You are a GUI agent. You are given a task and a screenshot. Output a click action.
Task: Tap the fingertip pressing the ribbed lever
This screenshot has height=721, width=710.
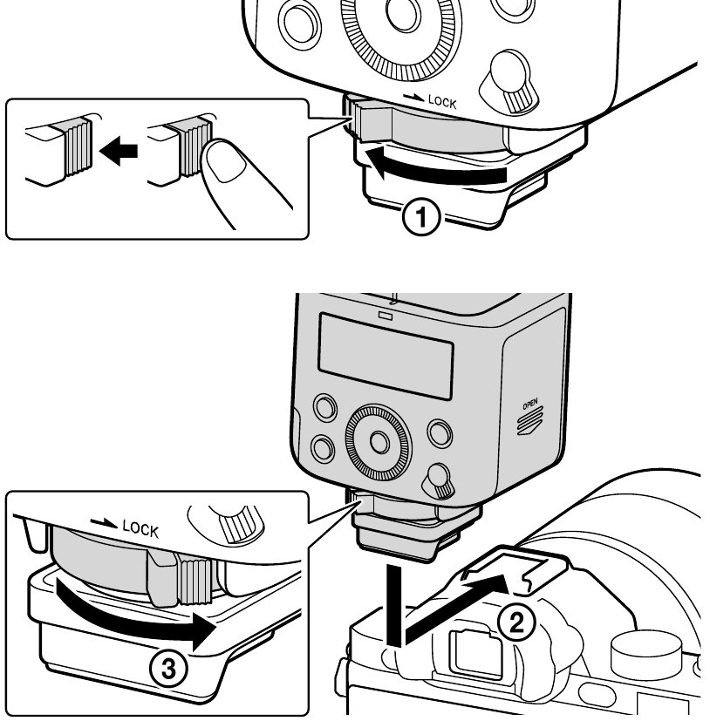pos(228,170)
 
